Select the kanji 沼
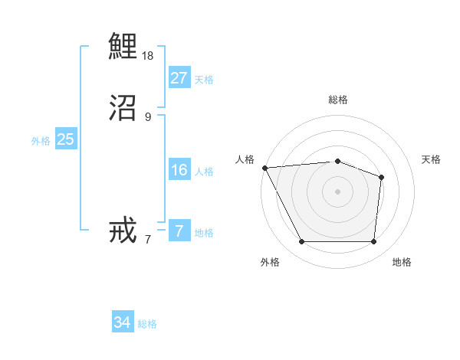pos(123,108)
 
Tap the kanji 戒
pos(123,231)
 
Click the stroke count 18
pos(148,56)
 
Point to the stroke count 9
pos(148,117)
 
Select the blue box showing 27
pos(179,78)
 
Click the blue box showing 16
pos(179,170)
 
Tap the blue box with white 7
pos(179,231)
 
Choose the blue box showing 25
pos(65,139)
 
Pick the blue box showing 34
pos(122,322)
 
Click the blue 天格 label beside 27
pos(204,80)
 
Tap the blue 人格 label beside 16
pos(204,172)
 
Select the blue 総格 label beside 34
pos(147,324)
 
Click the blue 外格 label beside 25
pos(41,141)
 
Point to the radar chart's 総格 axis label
pos(338,100)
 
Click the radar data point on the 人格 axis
pos(264,168)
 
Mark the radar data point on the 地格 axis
pos(373,242)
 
